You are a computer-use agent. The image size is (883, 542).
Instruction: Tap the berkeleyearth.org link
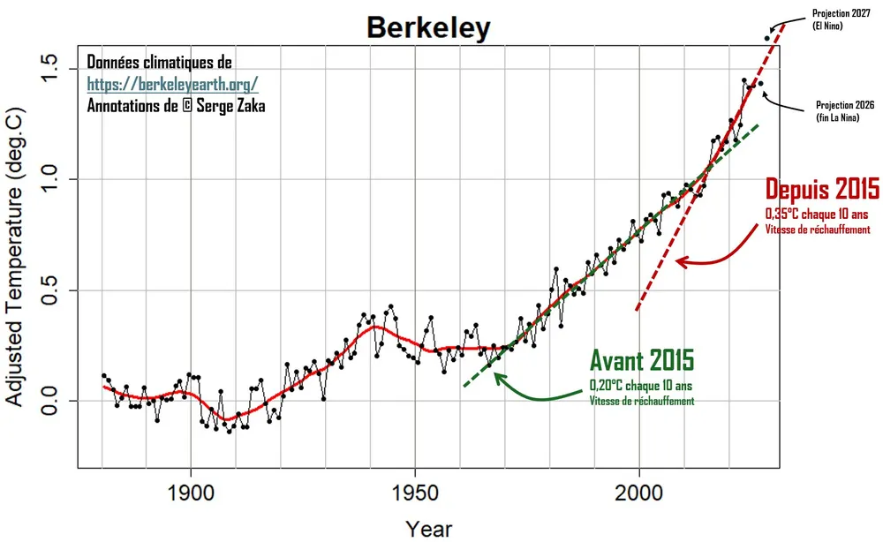coord(172,85)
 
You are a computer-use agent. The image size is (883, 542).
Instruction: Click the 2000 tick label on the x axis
coord(639,493)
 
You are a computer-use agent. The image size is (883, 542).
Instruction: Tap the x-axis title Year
coord(429,528)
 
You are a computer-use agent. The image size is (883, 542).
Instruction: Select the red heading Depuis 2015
coord(821,190)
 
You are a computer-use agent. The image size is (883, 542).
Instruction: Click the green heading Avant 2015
coord(641,360)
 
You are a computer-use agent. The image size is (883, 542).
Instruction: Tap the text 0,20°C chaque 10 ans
coord(641,385)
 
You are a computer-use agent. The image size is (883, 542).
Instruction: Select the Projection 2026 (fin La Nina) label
coord(844,110)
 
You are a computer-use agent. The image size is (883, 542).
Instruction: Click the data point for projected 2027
coord(766,38)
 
